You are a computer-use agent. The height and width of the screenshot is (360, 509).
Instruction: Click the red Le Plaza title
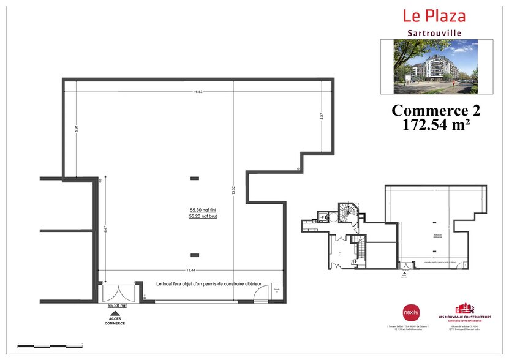point(434,17)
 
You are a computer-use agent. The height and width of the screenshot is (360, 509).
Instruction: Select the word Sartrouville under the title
point(434,32)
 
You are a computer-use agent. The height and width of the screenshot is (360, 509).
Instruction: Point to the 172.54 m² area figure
point(435,126)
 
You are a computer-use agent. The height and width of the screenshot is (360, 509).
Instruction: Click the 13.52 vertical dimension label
point(233,190)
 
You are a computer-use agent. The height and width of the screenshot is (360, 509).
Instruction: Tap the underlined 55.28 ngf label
point(116,305)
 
